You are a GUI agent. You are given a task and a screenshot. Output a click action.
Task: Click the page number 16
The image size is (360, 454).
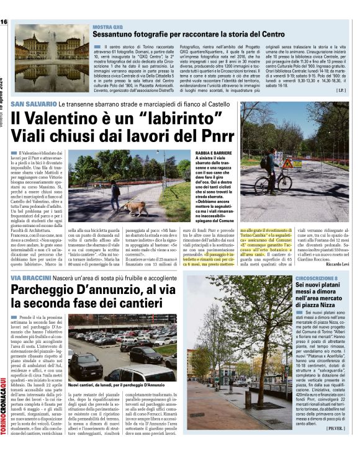tap(4, 22)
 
